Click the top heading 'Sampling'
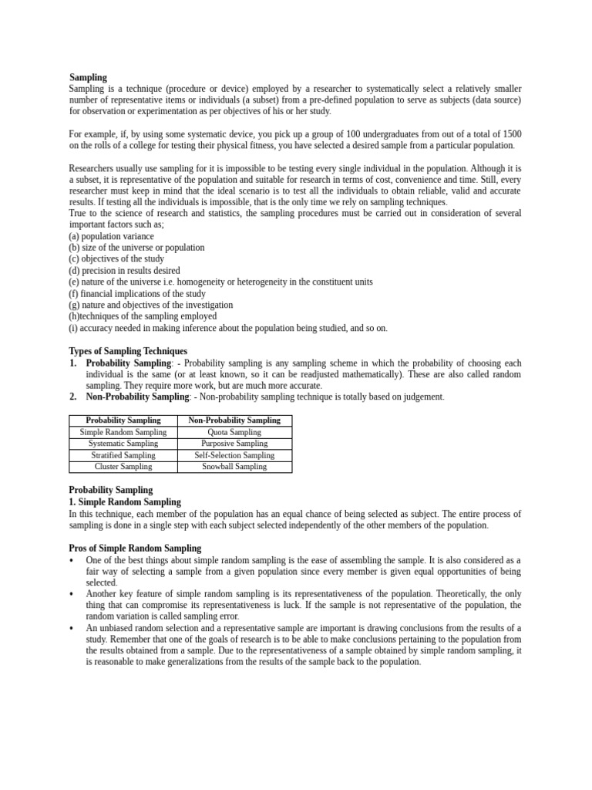(88, 77)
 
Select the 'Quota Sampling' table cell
(234, 432)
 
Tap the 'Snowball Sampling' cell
(234, 467)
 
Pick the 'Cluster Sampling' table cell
(123, 467)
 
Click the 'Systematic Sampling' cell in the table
(123, 444)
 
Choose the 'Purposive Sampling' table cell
(234, 444)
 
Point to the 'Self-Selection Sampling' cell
(234, 455)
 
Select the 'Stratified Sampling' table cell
(123, 455)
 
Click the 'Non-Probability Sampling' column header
(234, 420)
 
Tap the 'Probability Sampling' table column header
(123, 420)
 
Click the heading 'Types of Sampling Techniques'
(128, 351)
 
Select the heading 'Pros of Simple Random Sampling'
(135, 549)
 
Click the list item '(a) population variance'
(111, 236)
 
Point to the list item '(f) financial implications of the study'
(137, 293)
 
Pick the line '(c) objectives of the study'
(116, 259)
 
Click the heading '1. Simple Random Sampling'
(125, 501)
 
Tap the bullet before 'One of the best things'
(72, 560)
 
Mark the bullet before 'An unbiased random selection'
(72, 628)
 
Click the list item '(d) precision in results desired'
(124, 271)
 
